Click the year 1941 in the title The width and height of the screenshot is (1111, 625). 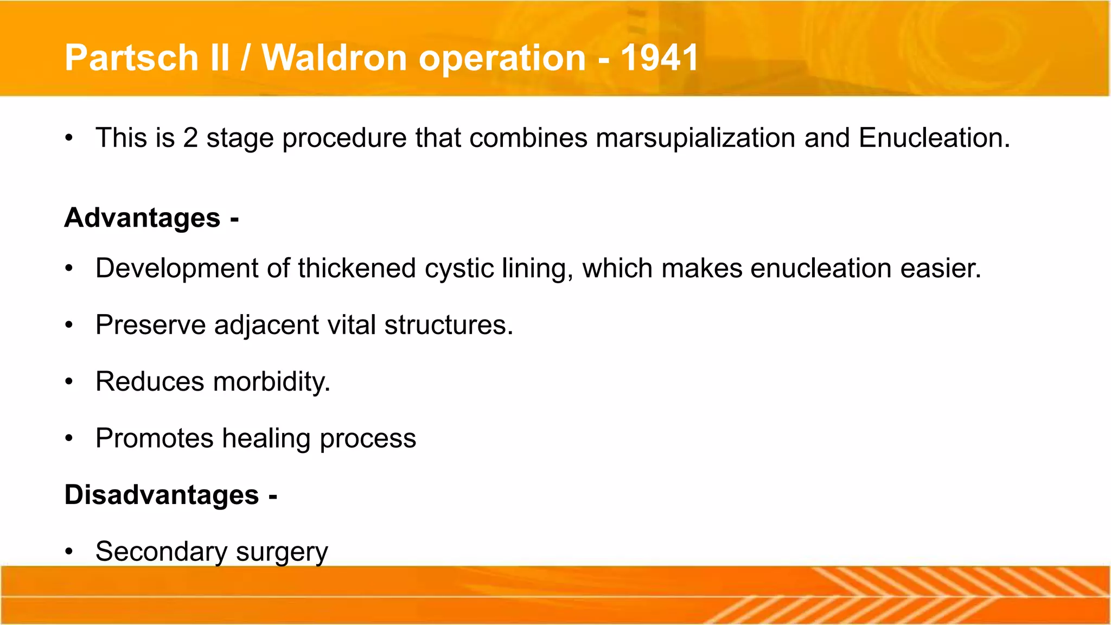tap(660, 58)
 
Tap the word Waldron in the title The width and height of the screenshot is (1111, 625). tap(334, 58)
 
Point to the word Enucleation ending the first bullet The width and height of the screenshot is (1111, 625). tap(934, 138)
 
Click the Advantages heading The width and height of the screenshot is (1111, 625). tap(143, 218)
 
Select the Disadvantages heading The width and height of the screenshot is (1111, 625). tap(162, 495)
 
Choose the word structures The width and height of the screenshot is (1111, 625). tap(448, 325)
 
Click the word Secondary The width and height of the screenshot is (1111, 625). tap(161, 552)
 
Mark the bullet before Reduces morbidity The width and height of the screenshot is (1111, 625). tap(68, 382)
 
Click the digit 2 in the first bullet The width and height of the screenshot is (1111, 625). tap(190, 138)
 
